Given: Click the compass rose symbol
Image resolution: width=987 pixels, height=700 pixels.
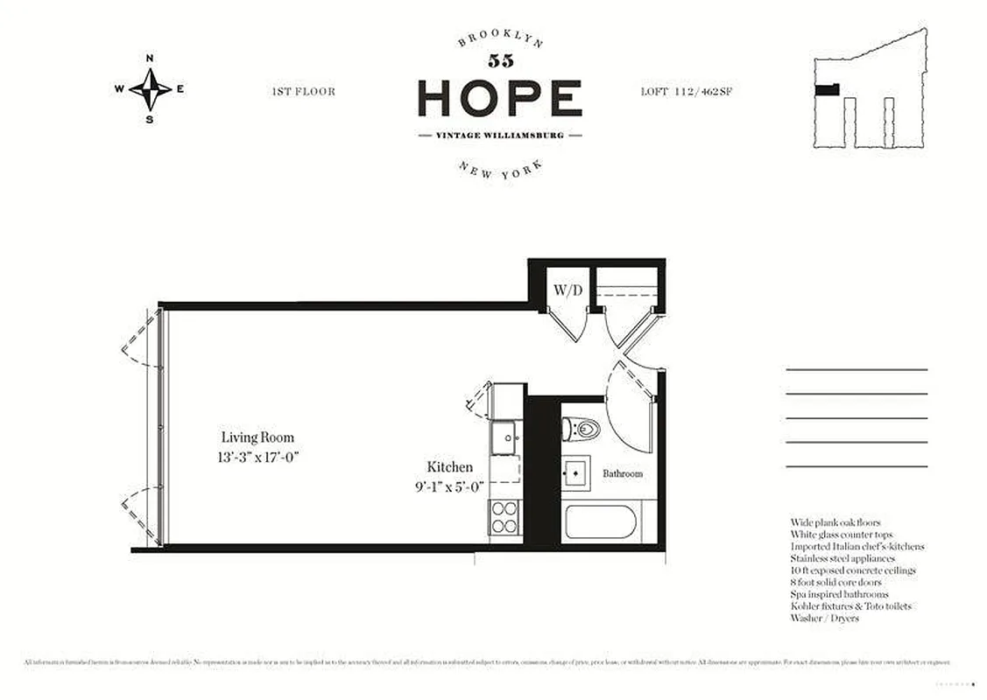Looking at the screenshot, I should pyautogui.click(x=150, y=89).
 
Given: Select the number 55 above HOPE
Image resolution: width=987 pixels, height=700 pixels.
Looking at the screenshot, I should pyautogui.click(x=500, y=61).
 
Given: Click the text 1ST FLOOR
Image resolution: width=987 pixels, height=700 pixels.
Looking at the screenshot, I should pyautogui.click(x=303, y=91).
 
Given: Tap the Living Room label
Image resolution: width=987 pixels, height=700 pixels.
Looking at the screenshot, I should pyautogui.click(x=257, y=437).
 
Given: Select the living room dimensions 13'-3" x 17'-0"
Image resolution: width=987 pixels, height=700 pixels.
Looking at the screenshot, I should pyautogui.click(x=257, y=456).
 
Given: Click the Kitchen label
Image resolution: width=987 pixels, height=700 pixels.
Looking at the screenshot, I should pyautogui.click(x=449, y=467).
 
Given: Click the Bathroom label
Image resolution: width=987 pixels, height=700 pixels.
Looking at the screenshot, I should pyautogui.click(x=622, y=473).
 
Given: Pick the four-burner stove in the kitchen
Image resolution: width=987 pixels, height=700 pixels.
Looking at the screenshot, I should pyautogui.click(x=504, y=516).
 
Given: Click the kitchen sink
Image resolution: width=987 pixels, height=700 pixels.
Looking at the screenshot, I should pyautogui.click(x=504, y=437).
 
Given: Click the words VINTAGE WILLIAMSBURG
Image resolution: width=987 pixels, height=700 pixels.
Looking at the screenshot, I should pyautogui.click(x=499, y=136).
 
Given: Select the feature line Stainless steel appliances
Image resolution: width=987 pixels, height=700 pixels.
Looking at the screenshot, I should pyautogui.click(x=842, y=558).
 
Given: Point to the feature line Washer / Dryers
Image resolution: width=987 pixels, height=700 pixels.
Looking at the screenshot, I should pyautogui.click(x=824, y=618).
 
